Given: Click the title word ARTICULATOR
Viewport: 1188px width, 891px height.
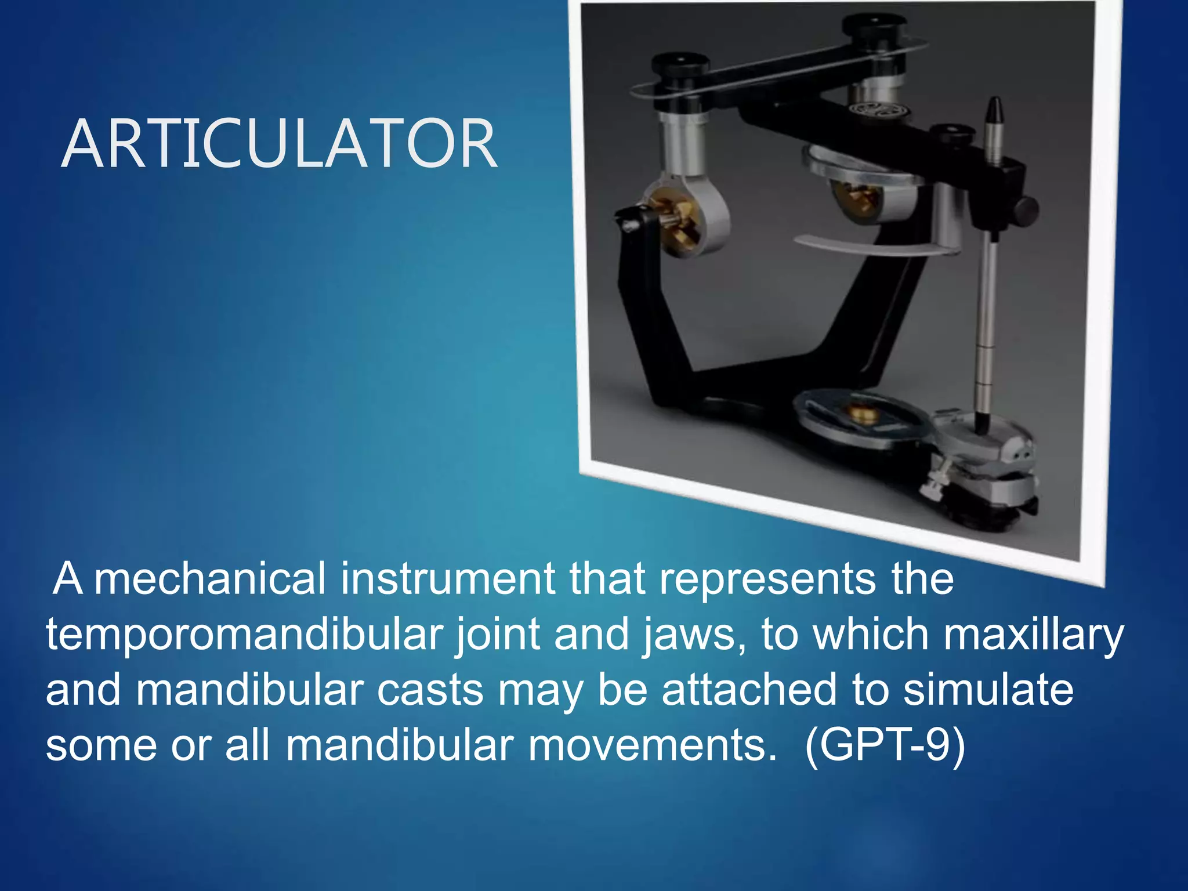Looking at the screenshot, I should (x=279, y=144).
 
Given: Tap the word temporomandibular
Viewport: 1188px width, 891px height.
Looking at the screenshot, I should (x=244, y=635).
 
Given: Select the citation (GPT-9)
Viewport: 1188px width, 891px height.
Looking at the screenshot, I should (x=885, y=745).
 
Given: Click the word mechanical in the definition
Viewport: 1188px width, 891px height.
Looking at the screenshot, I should (x=209, y=579).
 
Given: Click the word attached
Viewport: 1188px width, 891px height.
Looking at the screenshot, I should (x=749, y=690).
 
